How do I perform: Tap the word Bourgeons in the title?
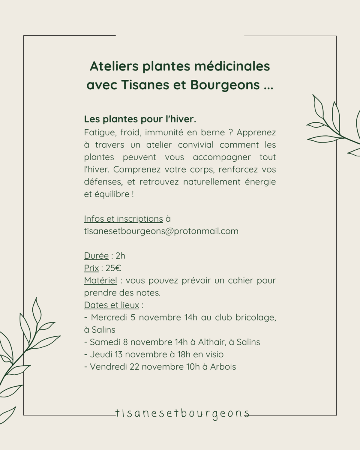click(x=225, y=85)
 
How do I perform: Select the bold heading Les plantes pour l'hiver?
click(x=140, y=119)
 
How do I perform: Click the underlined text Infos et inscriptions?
click(x=123, y=219)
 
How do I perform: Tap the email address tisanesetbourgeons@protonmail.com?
click(x=161, y=231)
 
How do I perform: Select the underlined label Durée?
click(x=96, y=256)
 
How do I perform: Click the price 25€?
click(x=113, y=268)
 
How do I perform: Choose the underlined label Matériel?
click(x=100, y=280)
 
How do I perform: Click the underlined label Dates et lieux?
click(x=111, y=305)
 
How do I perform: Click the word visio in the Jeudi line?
click(x=214, y=354)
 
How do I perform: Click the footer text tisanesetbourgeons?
click(x=182, y=414)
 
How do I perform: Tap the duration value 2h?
click(x=120, y=256)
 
